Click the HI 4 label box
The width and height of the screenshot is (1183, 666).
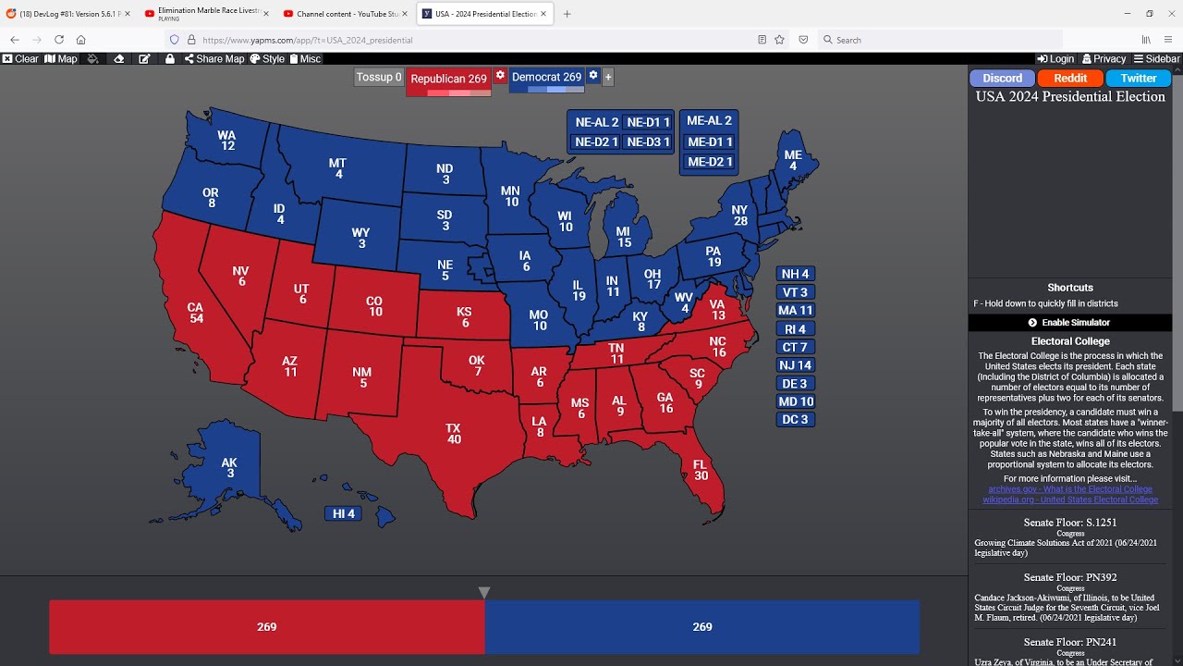pyautogui.click(x=343, y=513)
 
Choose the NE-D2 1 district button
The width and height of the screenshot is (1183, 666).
pyautogui.click(x=596, y=142)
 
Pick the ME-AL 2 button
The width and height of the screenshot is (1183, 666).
pyautogui.click(x=709, y=121)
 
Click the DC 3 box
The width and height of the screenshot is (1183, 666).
pyautogui.click(x=795, y=420)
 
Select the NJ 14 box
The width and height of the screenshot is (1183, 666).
pyautogui.click(x=795, y=365)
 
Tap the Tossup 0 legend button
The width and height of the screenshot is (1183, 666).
pyautogui.click(x=379, y=78)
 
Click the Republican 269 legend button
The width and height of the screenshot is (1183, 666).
pyautogui.click(x=448, y=79)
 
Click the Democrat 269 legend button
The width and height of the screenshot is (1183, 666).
pyautogui.click(x=546, y=78)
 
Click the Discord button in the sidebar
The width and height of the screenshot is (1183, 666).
pyautogui.click(x=1002, y=79)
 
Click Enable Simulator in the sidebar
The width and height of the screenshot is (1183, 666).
pyautogui.click(x=1069, y=323)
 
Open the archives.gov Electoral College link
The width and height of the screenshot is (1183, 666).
pyautogui.click(x=1069, y=489)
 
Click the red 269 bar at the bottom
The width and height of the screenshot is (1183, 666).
pyautogui.click(x=266, y=627)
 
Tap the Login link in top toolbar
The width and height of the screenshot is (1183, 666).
pyautogui.click(x=1055, y=59)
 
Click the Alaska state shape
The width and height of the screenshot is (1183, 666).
pyautogui.click(x=226, y=467)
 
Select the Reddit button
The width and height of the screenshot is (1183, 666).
pyautogui.click(x=1070, y=79)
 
